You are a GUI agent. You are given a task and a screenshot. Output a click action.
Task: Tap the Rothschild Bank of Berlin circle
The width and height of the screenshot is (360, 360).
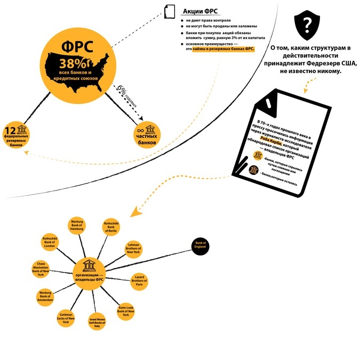111,228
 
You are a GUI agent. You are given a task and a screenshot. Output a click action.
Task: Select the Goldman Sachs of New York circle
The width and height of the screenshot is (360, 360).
65,318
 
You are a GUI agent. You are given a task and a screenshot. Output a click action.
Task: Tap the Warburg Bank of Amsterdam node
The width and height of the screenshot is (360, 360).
45,297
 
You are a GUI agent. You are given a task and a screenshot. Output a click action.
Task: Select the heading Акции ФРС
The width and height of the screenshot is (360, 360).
200,12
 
